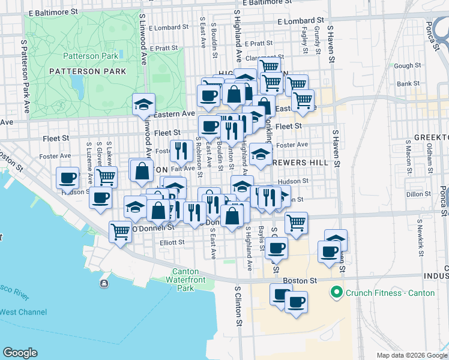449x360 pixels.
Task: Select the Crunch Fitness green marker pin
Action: (x=336, y=293)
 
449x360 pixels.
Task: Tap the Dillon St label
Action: (x=414, y=194)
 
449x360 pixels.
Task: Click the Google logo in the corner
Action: (x=20, y=353)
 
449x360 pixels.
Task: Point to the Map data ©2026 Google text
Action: (x=412, y=355)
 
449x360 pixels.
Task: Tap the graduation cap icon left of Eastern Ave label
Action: (x=144, y=104)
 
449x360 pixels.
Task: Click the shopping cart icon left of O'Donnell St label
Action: (x=121, y=230)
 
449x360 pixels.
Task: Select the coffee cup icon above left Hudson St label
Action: (x=68, y=178)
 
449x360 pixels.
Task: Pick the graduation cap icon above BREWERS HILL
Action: (x=261, y=154)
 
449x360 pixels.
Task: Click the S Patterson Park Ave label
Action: (x=26, y=77)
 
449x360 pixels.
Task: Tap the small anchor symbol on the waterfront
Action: (x=104, y=283)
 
